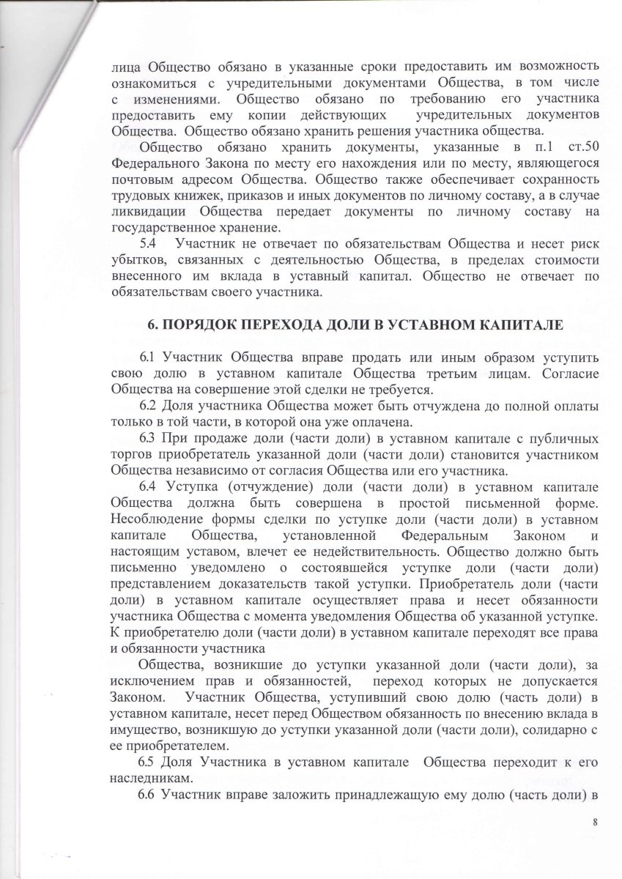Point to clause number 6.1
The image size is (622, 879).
[147, 357]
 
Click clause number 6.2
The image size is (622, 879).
[147, 405]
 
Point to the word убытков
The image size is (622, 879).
[138, 259]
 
